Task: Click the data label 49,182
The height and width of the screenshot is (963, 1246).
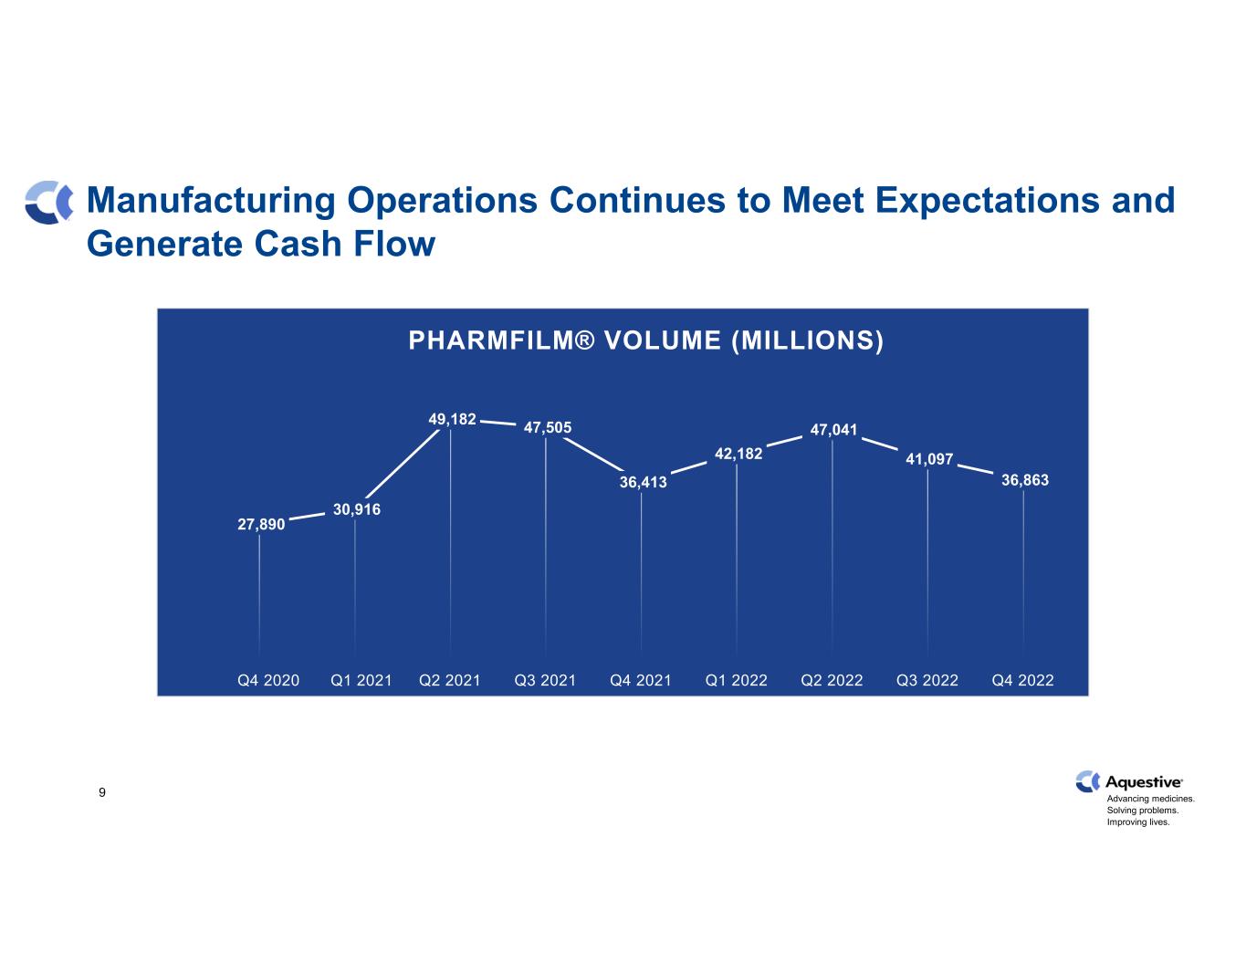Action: point(452,419)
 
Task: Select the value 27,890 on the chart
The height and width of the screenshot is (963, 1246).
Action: point(261,524)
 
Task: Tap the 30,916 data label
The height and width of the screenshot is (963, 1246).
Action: point(357,509)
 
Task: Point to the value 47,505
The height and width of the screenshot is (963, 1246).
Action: point(548,427)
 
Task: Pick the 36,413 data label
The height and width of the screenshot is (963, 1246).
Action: point(644,482)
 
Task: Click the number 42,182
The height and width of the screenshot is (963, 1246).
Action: point(738,454)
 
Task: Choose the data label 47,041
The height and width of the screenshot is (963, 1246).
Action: point(833,429)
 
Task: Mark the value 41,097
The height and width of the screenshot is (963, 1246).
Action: point(929,458)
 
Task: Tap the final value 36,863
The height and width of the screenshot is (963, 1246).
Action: point(1025,480)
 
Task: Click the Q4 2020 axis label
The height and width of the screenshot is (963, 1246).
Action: point(268,680)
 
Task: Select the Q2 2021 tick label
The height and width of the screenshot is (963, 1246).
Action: point(449,680)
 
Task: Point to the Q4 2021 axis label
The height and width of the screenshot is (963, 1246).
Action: point(641,680)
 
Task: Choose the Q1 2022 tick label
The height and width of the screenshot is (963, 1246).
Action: point(737,680)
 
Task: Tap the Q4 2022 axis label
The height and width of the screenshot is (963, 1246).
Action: point(1023,680)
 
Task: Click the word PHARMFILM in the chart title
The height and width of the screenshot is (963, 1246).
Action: point(491,340)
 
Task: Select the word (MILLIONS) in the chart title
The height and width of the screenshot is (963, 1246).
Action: point(808,341)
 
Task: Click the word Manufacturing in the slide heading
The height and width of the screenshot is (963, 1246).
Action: point(211,201)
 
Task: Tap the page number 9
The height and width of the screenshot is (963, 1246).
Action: point(102,792)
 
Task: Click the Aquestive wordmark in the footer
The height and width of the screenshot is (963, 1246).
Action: point(1144,782)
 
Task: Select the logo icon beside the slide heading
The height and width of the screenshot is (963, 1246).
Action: point(49,203)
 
